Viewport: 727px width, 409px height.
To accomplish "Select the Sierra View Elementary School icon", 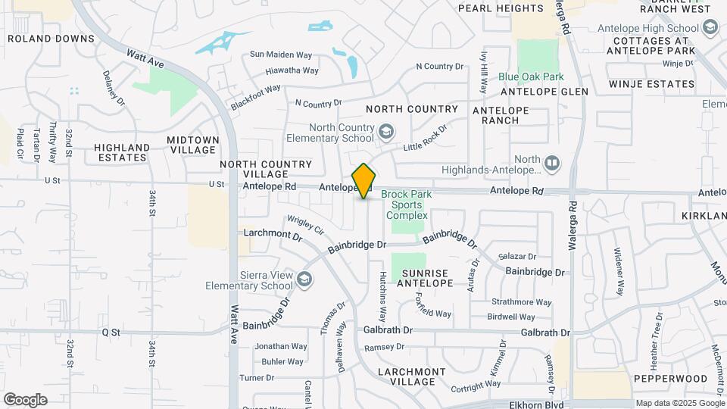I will point(304,279).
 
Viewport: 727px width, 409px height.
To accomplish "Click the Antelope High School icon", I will point(710,28).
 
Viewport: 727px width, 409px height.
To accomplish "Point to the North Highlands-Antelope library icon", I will point(552,163).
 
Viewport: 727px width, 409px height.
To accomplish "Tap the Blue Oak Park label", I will point(531,77).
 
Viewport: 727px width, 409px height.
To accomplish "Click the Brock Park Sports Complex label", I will point(407,204).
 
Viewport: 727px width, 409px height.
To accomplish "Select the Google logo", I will point(25,399).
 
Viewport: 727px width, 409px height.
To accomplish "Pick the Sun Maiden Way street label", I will point(281,55).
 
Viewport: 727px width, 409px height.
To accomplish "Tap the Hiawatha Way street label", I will point(292,70).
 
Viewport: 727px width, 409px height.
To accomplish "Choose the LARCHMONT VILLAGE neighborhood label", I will point(412,376).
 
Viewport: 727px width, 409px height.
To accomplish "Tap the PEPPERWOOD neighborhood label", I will point(660,377).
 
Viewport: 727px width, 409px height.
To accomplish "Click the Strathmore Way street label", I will point(514,301).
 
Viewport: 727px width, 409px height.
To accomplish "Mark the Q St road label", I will point(111,331).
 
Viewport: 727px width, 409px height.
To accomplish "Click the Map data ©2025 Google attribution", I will point(680,403).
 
